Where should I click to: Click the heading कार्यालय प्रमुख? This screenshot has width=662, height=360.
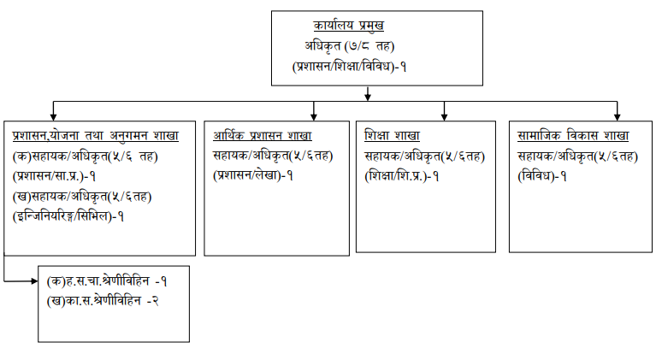[348, 26]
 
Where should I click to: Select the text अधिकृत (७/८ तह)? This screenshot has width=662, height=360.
[350, 45]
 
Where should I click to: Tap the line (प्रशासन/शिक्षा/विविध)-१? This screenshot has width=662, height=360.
[349, 66]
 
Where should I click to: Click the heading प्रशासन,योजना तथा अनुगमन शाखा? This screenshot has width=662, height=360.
[96, 135]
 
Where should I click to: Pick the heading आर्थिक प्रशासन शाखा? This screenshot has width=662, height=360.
[263, 135]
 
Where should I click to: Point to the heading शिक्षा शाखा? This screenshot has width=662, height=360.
[392, 135]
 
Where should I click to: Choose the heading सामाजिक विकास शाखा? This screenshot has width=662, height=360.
[573, 135]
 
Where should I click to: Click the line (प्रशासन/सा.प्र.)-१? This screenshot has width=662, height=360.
[54, 176]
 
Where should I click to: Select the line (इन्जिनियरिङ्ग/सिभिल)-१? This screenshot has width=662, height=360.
[68, 216]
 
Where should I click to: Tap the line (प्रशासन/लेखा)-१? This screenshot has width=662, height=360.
[253, 175]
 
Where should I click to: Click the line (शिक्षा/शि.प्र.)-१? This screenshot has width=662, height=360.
[401, 176]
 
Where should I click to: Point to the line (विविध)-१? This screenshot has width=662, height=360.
[541, 176]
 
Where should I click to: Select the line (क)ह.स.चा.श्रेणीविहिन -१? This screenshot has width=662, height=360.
[107, 281]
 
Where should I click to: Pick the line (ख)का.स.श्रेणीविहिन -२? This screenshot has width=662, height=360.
[102, 301]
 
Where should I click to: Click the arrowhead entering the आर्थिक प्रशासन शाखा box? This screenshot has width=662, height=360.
[314, 117]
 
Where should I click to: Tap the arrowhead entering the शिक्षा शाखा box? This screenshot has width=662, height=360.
[444, 117]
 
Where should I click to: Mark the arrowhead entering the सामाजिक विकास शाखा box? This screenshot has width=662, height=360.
[618, 117]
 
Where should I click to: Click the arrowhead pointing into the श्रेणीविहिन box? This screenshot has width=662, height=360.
[34, 280]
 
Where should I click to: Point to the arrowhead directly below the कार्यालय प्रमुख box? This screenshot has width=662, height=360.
[368, 97]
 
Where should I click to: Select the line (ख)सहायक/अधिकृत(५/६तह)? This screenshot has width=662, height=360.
[82, 197]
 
